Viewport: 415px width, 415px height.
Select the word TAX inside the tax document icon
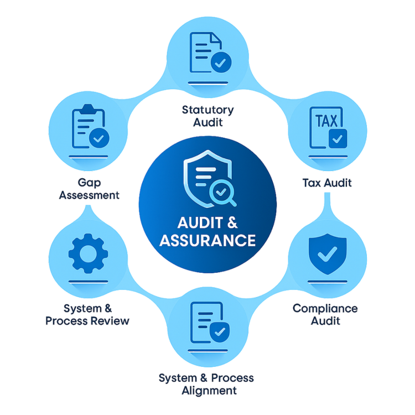[x=326, y=120]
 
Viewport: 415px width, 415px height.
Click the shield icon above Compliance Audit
[x=326, y=254]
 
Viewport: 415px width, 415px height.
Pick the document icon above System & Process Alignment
[x=207, y=324]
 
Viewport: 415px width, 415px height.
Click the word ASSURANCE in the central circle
[x=207, y=241]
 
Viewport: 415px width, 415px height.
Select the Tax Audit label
[x=327, y=182]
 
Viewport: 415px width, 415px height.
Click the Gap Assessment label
[x=89, y=189]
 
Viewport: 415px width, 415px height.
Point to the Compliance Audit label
[x=325, y=314]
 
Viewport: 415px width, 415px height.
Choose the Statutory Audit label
[x=207, y=115]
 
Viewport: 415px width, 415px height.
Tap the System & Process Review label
[x=87, y=314]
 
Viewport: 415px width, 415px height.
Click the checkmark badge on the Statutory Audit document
[x=220, y=63]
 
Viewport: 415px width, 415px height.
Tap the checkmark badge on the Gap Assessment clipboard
[x=100, y=138]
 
